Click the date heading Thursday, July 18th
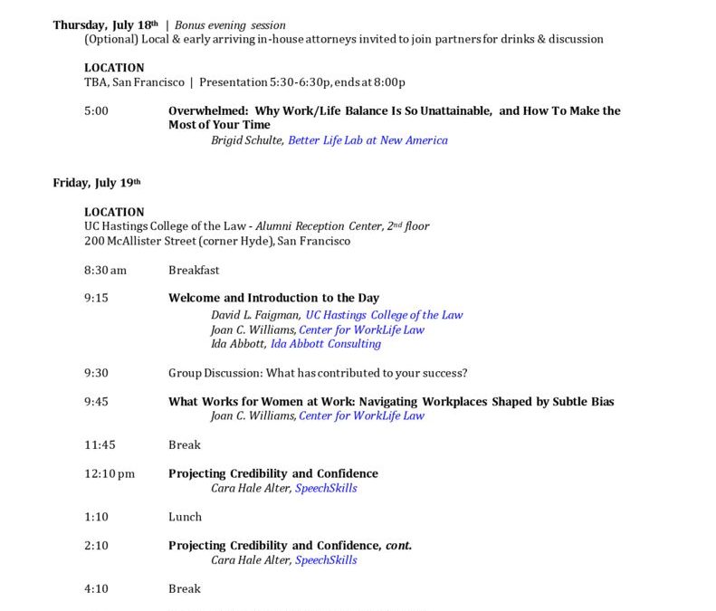105,25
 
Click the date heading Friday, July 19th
97,183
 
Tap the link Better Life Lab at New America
368,140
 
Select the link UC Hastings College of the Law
384,315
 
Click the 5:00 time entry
96,111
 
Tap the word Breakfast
194,270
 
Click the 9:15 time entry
96,298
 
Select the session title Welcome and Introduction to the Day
273,298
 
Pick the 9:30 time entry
96,373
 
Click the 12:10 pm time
109,473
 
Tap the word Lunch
185,517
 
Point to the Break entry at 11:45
185,444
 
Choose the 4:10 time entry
96,588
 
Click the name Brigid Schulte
247,140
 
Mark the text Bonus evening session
230,25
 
